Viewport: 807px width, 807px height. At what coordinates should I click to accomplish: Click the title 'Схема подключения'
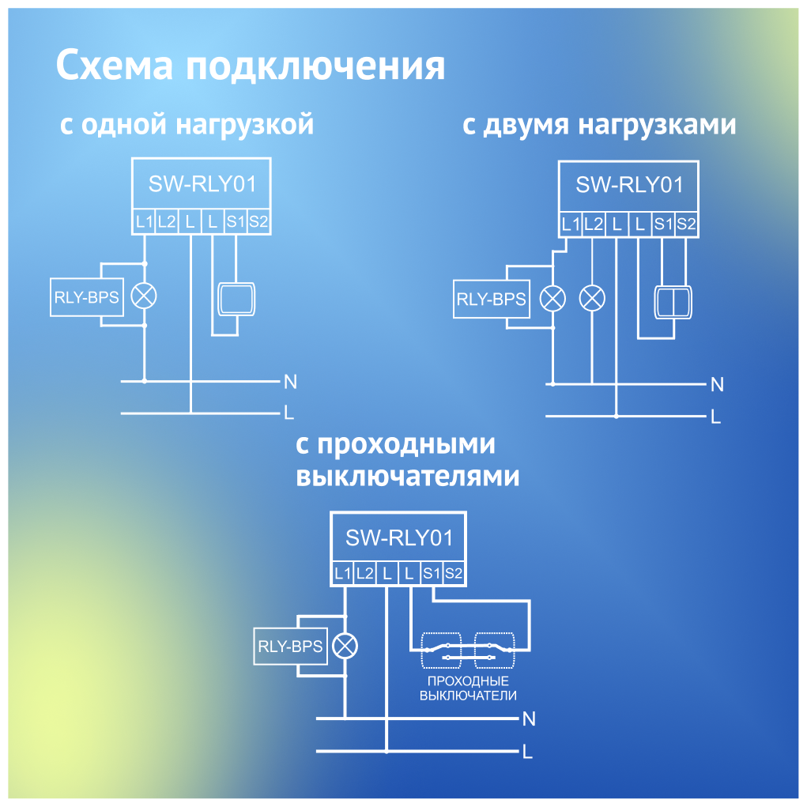[x=250, y=66]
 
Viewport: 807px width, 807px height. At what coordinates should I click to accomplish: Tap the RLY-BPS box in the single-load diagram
[x=86, y=297]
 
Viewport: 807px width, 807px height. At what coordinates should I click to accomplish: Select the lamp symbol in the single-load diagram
[x=144, y=296]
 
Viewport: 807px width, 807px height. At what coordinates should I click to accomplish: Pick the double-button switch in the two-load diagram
[x=673, y=301]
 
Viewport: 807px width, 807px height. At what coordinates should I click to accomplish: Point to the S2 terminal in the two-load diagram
[x=687, y=224]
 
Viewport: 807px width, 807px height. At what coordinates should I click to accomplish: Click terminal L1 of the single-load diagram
[x=143, y=222]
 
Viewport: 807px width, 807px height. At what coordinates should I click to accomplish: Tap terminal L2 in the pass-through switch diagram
[x=364, y=574]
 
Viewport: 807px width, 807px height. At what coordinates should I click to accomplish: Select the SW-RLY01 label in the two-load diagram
[x=629, y=185]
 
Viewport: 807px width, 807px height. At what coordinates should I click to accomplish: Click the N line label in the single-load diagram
[x=290, y=382]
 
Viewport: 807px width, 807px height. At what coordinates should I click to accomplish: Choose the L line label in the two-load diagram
[x=715, y=417]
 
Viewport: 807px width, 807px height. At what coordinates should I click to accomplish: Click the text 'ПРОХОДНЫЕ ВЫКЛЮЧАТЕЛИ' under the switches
[x=468, y=688]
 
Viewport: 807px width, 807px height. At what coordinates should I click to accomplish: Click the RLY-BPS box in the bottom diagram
[x=290, y=647]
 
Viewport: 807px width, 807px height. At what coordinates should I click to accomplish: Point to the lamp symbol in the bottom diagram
[x=345, y=646]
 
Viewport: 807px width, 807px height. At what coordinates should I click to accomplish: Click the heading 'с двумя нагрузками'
[x=599, y=125]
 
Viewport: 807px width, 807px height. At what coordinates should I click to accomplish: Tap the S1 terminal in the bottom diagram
[x=431, y=574]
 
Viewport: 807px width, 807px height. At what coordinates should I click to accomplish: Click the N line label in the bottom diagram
[x=529, y=718]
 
